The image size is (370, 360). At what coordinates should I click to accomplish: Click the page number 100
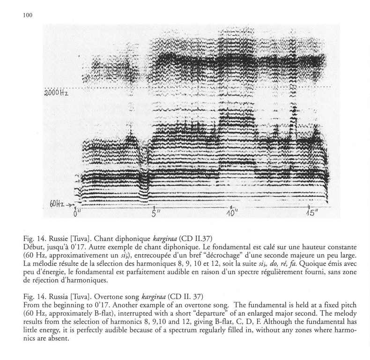pos(27,15)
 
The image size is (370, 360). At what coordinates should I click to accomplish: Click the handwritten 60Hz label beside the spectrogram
pos(57,203)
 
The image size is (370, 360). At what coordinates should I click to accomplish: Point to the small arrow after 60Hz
pos(71,204)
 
